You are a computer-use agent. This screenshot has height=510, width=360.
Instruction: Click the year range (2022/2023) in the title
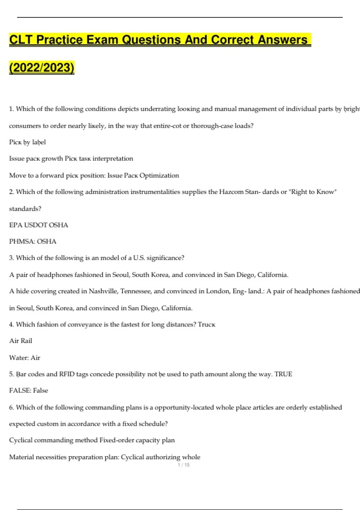point(42,67)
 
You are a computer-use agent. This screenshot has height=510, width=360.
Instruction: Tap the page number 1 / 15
point(184,465)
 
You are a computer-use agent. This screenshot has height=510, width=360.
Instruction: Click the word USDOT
point(35,225)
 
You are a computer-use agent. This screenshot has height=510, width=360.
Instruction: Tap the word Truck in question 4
point(207,325)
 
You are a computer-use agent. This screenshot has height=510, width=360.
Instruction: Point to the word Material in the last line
point(22,457)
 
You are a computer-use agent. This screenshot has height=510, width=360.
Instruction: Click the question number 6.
point(11,407)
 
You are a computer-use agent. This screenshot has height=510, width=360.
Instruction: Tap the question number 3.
point(11,258)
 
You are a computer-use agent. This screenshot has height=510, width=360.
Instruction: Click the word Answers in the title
point(283,40)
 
